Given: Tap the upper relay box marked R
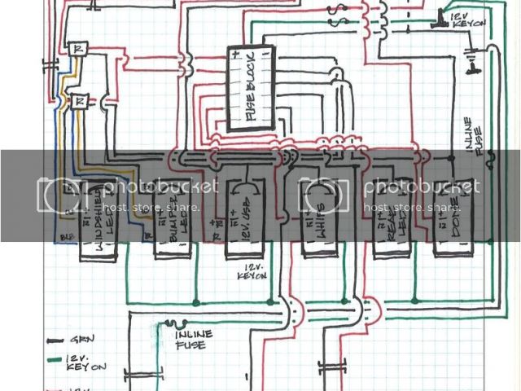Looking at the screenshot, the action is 78,49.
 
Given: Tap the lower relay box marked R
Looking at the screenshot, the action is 78,102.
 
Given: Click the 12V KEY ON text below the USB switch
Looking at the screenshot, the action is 254,272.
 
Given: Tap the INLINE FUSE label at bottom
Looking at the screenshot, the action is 193,340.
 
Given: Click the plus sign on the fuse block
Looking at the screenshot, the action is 235,56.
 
